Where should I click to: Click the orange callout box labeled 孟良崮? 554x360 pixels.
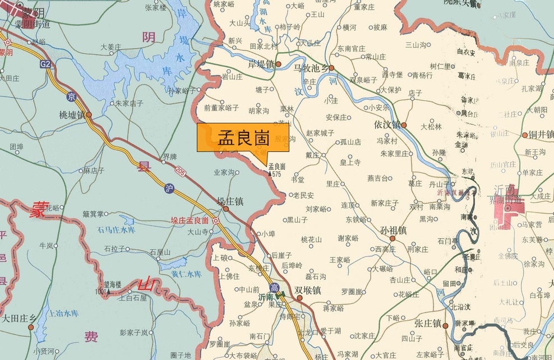tap(243, 138)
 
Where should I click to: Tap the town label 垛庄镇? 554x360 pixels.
tap(230, 201)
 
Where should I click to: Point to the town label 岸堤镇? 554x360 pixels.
tap(260, 64)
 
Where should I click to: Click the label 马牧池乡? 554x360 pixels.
tap(310, 68)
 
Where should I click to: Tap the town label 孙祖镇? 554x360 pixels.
tap(393, 230)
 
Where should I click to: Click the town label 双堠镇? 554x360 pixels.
tap(308, 290)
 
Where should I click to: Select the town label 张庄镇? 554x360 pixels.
tap(427, 324)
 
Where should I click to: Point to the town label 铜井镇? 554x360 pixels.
tap(541, 134)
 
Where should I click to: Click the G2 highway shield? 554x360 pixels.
tap(45, 64)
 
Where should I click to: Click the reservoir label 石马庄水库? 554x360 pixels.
tap(116, 230)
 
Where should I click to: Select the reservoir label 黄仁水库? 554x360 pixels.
tap(186, 274)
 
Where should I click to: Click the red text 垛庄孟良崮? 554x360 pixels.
tap(190, 220)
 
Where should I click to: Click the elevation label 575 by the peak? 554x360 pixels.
tap(276, 174)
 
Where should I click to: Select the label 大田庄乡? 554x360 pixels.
tap(18, 319)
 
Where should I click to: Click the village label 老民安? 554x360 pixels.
tap(303, 195)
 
